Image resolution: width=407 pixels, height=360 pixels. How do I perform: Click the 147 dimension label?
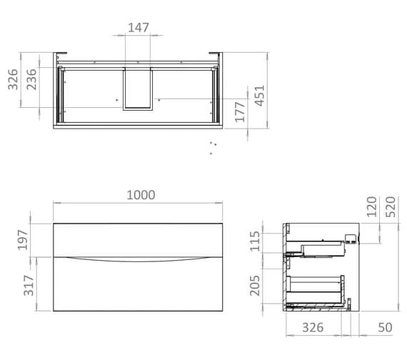click(x=139, y=28)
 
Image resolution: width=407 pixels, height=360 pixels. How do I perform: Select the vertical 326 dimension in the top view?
click(x=13, y=79)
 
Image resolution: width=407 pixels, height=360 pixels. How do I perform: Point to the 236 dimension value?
click(x=31, y=79)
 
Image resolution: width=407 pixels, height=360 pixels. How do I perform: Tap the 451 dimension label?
click(x=260, y=96)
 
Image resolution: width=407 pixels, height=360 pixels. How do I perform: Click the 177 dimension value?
click(x=240, y=112)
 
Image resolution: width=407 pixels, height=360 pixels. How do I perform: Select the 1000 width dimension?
click(x=141, y=195)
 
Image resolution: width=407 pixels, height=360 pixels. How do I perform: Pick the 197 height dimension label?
click(x=23, y=240)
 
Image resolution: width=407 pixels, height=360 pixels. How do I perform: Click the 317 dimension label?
click(x=29, y=286)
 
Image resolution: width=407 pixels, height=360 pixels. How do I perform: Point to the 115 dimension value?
click(x=255, y=241)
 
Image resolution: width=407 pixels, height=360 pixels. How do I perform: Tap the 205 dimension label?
click(x=255, y=286)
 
